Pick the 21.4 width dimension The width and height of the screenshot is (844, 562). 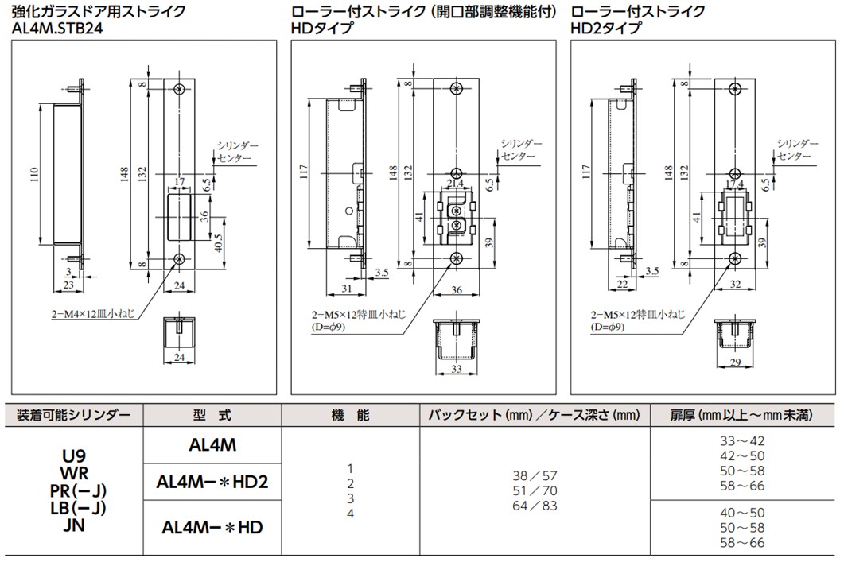pos(456,184)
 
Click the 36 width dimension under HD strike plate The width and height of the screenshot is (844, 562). pos(456,291)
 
